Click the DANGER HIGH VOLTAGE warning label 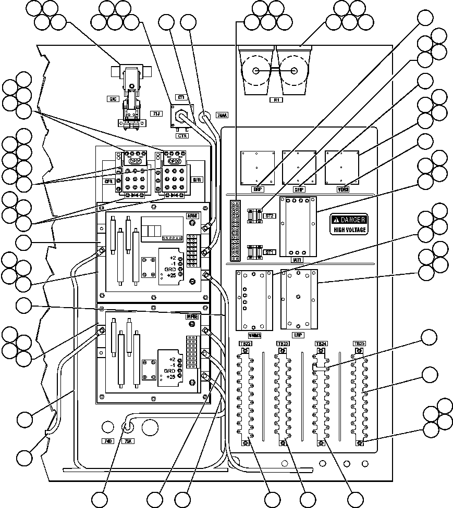(350, 224)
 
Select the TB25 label (359, 344)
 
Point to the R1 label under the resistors (275, 100)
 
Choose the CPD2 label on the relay (174, 161)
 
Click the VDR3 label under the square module (342, 189)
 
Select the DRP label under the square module (257, 189)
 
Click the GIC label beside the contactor (112, 98)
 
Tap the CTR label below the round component (182, 135)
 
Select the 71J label (155, 113)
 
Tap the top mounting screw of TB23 (282, 351)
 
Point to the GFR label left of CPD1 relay (109, 182)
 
